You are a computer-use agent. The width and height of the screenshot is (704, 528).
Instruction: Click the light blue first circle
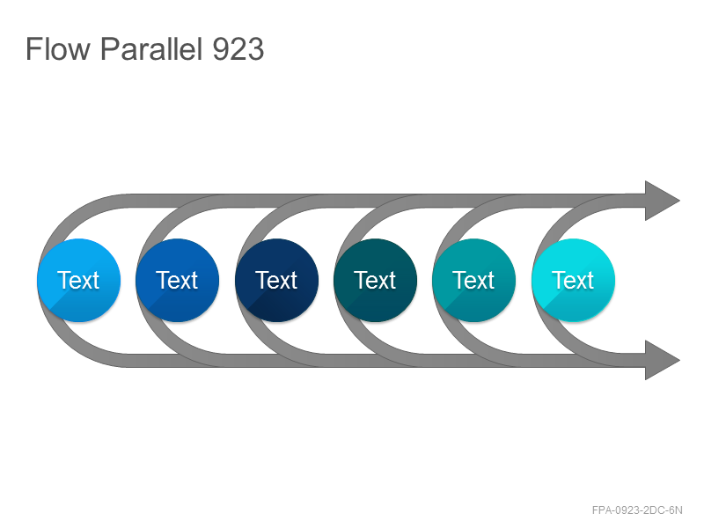[79, 280]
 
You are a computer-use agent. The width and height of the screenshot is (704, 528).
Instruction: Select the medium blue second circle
[178, 280]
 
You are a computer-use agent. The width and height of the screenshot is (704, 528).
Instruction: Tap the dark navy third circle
[276, 280]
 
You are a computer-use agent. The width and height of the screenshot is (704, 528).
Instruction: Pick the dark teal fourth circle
[376, 280]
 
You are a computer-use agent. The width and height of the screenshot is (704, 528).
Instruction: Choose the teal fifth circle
[473, 280]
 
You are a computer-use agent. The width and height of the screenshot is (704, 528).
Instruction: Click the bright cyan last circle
[574, 280]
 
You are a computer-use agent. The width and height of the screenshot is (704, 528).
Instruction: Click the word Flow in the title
[58, 49]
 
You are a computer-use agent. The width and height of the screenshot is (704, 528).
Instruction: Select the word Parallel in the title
[150, 49]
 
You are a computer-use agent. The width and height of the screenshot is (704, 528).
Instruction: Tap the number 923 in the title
[238, 49]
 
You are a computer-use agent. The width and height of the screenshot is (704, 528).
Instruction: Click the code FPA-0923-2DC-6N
[637, 510]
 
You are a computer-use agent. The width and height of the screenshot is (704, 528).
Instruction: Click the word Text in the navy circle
[276, 281]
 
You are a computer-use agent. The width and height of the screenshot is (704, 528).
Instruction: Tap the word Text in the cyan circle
[574, 281]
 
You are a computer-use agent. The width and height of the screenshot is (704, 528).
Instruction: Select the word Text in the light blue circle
[78, 281]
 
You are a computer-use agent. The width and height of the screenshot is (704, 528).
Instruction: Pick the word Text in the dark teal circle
[375, 281]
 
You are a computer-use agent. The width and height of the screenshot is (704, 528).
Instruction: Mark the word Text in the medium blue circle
[177, 281]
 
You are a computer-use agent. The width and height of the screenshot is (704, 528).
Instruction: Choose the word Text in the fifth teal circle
[473, 281]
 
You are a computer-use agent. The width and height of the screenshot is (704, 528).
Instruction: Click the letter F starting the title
[33, 49]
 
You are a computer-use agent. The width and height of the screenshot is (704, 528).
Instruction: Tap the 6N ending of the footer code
[676, 510]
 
